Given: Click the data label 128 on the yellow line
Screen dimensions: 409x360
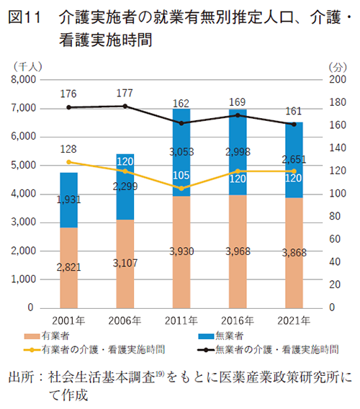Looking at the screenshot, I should (69, 148).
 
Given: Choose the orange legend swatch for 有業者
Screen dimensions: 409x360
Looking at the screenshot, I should (31, 336).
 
